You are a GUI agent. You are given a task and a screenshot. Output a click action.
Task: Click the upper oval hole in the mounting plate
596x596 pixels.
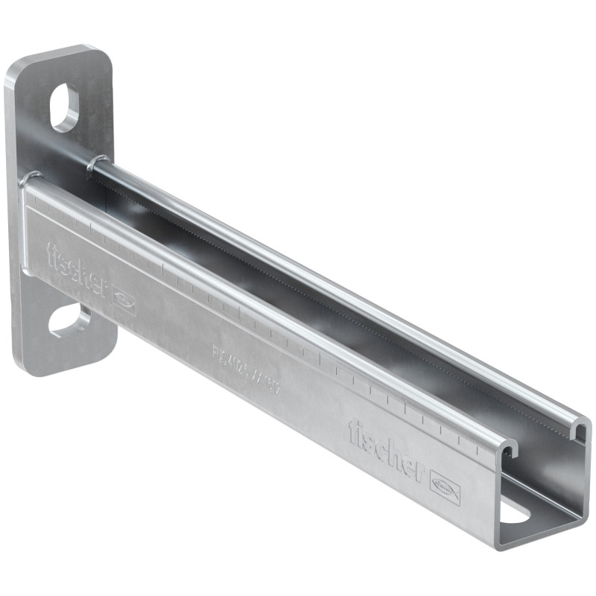[x=65, y=108]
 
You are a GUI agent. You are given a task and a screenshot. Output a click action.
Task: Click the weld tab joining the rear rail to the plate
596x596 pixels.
[x=94, y=162]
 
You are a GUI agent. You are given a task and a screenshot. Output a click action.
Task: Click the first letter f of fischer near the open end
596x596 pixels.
[x=352, y=431]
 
